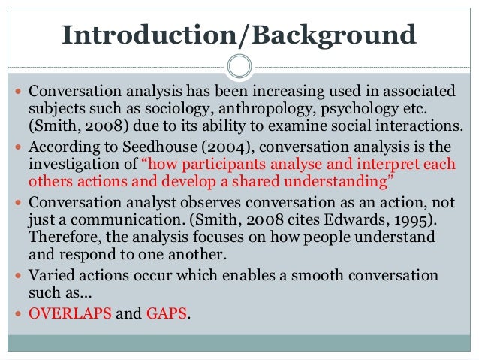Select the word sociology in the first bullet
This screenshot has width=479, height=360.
171,107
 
